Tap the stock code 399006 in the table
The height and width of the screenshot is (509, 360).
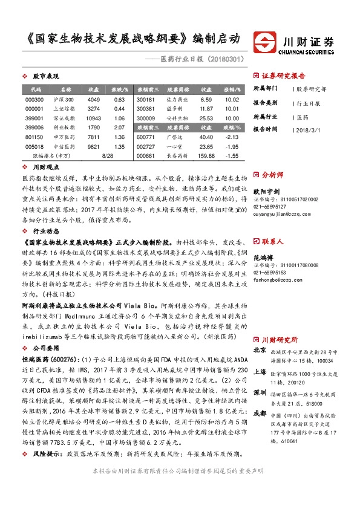[34, 128]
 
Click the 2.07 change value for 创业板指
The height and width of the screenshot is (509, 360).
[119, 128]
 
